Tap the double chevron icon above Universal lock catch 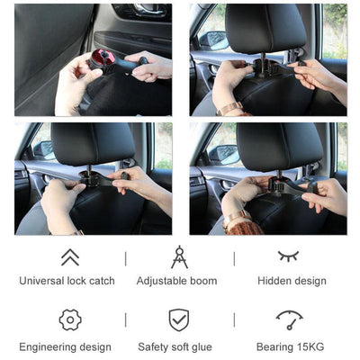point(68,257)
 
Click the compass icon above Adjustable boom point(178,257)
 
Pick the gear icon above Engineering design point(69,319)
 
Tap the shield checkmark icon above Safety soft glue point(178,320)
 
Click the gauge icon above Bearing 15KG point(289,319)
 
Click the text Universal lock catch point(67,281)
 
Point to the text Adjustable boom point(176,281)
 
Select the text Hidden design point(292,281)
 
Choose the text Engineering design point(66,346)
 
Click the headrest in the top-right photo point(265,27)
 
